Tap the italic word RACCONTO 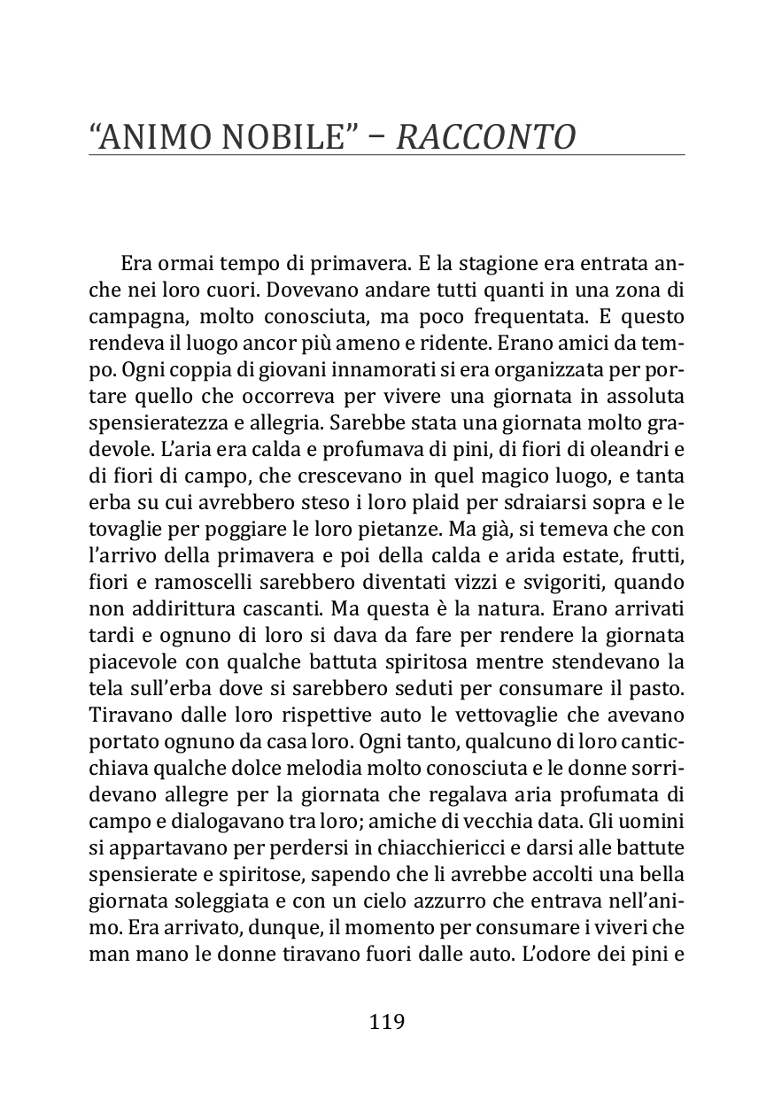[486, 137]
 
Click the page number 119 [386, 1022]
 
